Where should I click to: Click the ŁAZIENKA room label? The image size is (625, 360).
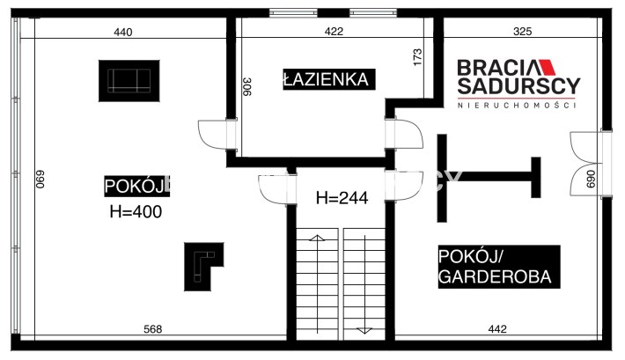[x=329, y=79]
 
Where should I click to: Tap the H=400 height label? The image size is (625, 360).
[x=136, y=212]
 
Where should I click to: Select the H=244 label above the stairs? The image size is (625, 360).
[x=342, y=198]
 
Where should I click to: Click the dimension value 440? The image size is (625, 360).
[x=123, y=32]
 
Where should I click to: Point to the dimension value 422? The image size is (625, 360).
[x=334, y=31]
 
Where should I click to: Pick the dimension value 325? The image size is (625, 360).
[x=523, y=31]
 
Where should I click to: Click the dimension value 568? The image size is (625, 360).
[x=153, y=329]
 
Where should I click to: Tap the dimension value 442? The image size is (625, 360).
[x=497, y=329]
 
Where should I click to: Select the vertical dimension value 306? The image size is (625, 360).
[x=247, y=86]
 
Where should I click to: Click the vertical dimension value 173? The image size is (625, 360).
[x=417, y=57]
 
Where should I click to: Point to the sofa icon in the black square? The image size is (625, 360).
[x=129, y=81]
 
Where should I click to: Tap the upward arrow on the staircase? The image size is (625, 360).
[x=317, y=283]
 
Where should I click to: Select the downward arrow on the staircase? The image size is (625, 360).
[x=364, y=283]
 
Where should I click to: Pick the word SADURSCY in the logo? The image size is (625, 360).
[x=518, y=85]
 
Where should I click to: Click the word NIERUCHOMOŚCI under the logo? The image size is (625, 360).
[x=517, y=106]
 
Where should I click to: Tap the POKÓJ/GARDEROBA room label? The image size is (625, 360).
[x=499, y=267]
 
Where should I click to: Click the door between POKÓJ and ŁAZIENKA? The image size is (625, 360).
[x=217, y=135]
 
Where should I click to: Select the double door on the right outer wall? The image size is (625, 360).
[x=590, y=164]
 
